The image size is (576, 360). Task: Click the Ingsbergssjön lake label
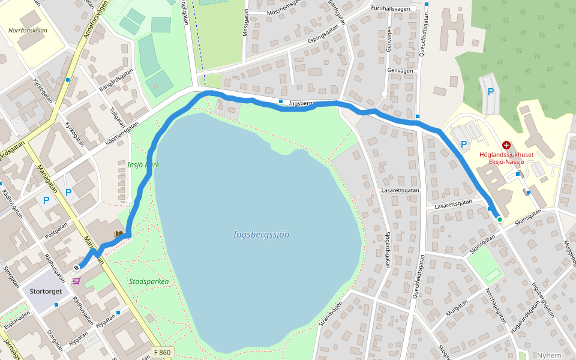coord(261,235)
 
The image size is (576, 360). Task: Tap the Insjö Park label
coord(143,164)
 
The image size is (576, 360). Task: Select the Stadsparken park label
coord(149,281)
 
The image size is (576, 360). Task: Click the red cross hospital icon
coord(506,145)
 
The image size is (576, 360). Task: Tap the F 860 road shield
coord(162,352)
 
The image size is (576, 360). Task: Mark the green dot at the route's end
coord(499,220)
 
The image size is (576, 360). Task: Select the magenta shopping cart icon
coord(76,280)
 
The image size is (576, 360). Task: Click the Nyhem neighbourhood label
coord(549,355)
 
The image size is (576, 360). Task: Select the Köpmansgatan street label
coord(122,133)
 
